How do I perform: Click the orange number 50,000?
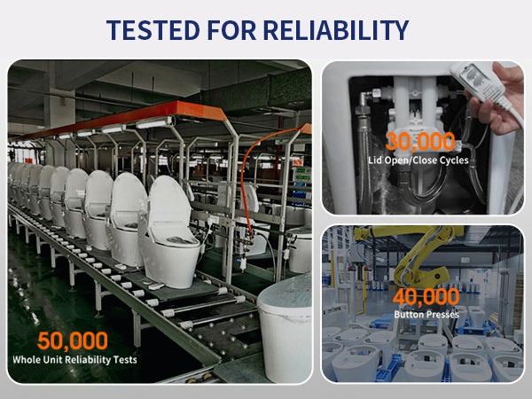coord(73,340)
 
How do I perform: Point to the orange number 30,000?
coord(420,142)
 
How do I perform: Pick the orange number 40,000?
coord(426,297)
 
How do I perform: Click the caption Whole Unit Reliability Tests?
coord(74,360)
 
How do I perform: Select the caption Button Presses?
coord(426,314)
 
